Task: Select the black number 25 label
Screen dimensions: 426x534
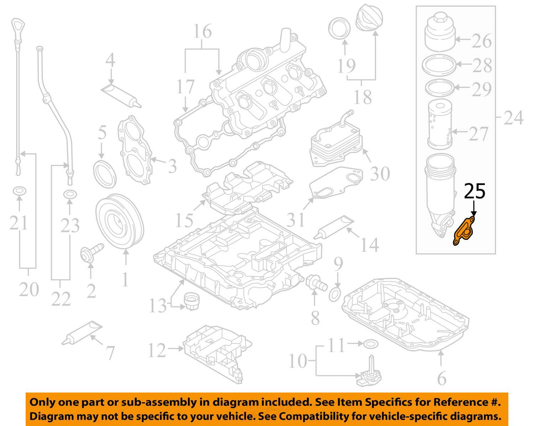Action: pyautogui.click(x=475, y=192)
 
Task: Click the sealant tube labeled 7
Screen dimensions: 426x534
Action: pyautogui.click(x=82, y=333)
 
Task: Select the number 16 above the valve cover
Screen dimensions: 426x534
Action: pyautogui.click(x=202, y=32)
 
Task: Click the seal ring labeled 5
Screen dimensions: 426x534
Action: pyautogui.click(x=104, y=174)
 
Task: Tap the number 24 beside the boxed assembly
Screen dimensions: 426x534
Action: pyautogui.click(x=513, y=117)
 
